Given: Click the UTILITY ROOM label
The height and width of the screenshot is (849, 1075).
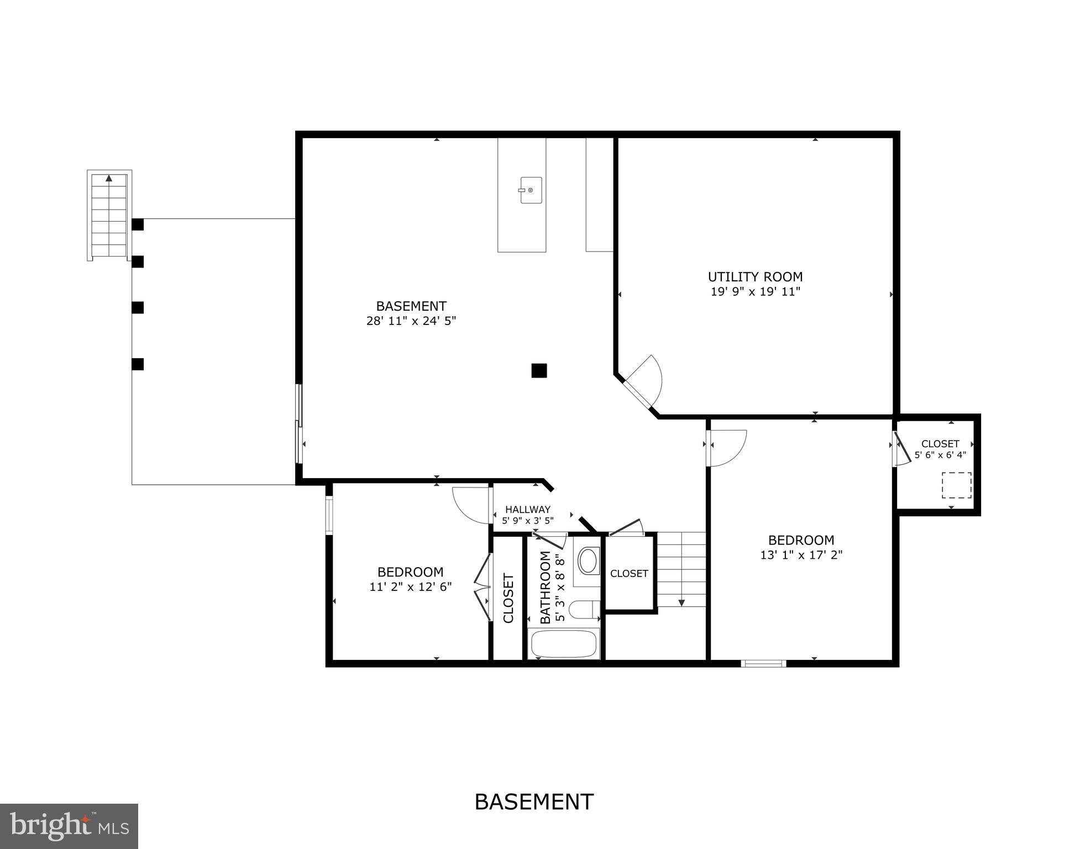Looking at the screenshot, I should tap(755, 277).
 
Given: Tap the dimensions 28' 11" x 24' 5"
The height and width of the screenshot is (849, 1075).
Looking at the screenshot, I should tap(411, 321).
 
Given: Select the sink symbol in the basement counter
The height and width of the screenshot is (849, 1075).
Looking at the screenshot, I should tap(531, 190).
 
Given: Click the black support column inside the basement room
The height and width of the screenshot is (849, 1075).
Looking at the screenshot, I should tap(539, 370).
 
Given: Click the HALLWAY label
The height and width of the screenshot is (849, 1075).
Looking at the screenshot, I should tap(527, 510).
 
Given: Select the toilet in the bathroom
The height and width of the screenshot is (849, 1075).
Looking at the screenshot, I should tap(583, 610).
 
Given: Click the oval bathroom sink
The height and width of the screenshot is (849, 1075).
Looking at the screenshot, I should tap(588, 560).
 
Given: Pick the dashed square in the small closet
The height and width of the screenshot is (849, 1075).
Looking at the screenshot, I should tap(956, 485).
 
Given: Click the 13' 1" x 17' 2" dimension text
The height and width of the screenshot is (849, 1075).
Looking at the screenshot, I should tap(801, 555).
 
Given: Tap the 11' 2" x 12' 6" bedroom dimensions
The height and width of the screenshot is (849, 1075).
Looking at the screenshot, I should tap(411, 586).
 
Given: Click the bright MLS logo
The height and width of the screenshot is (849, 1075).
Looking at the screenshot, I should tap(69, 826).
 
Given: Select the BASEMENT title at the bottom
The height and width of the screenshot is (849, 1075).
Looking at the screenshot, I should tap(534, 801).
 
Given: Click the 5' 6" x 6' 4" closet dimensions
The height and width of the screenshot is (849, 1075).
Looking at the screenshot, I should tap(940, 455).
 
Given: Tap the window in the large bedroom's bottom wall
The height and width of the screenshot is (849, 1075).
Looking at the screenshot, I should tap(763, 663).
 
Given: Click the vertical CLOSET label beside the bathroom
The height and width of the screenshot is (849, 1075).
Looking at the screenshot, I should tap(508, 599).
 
